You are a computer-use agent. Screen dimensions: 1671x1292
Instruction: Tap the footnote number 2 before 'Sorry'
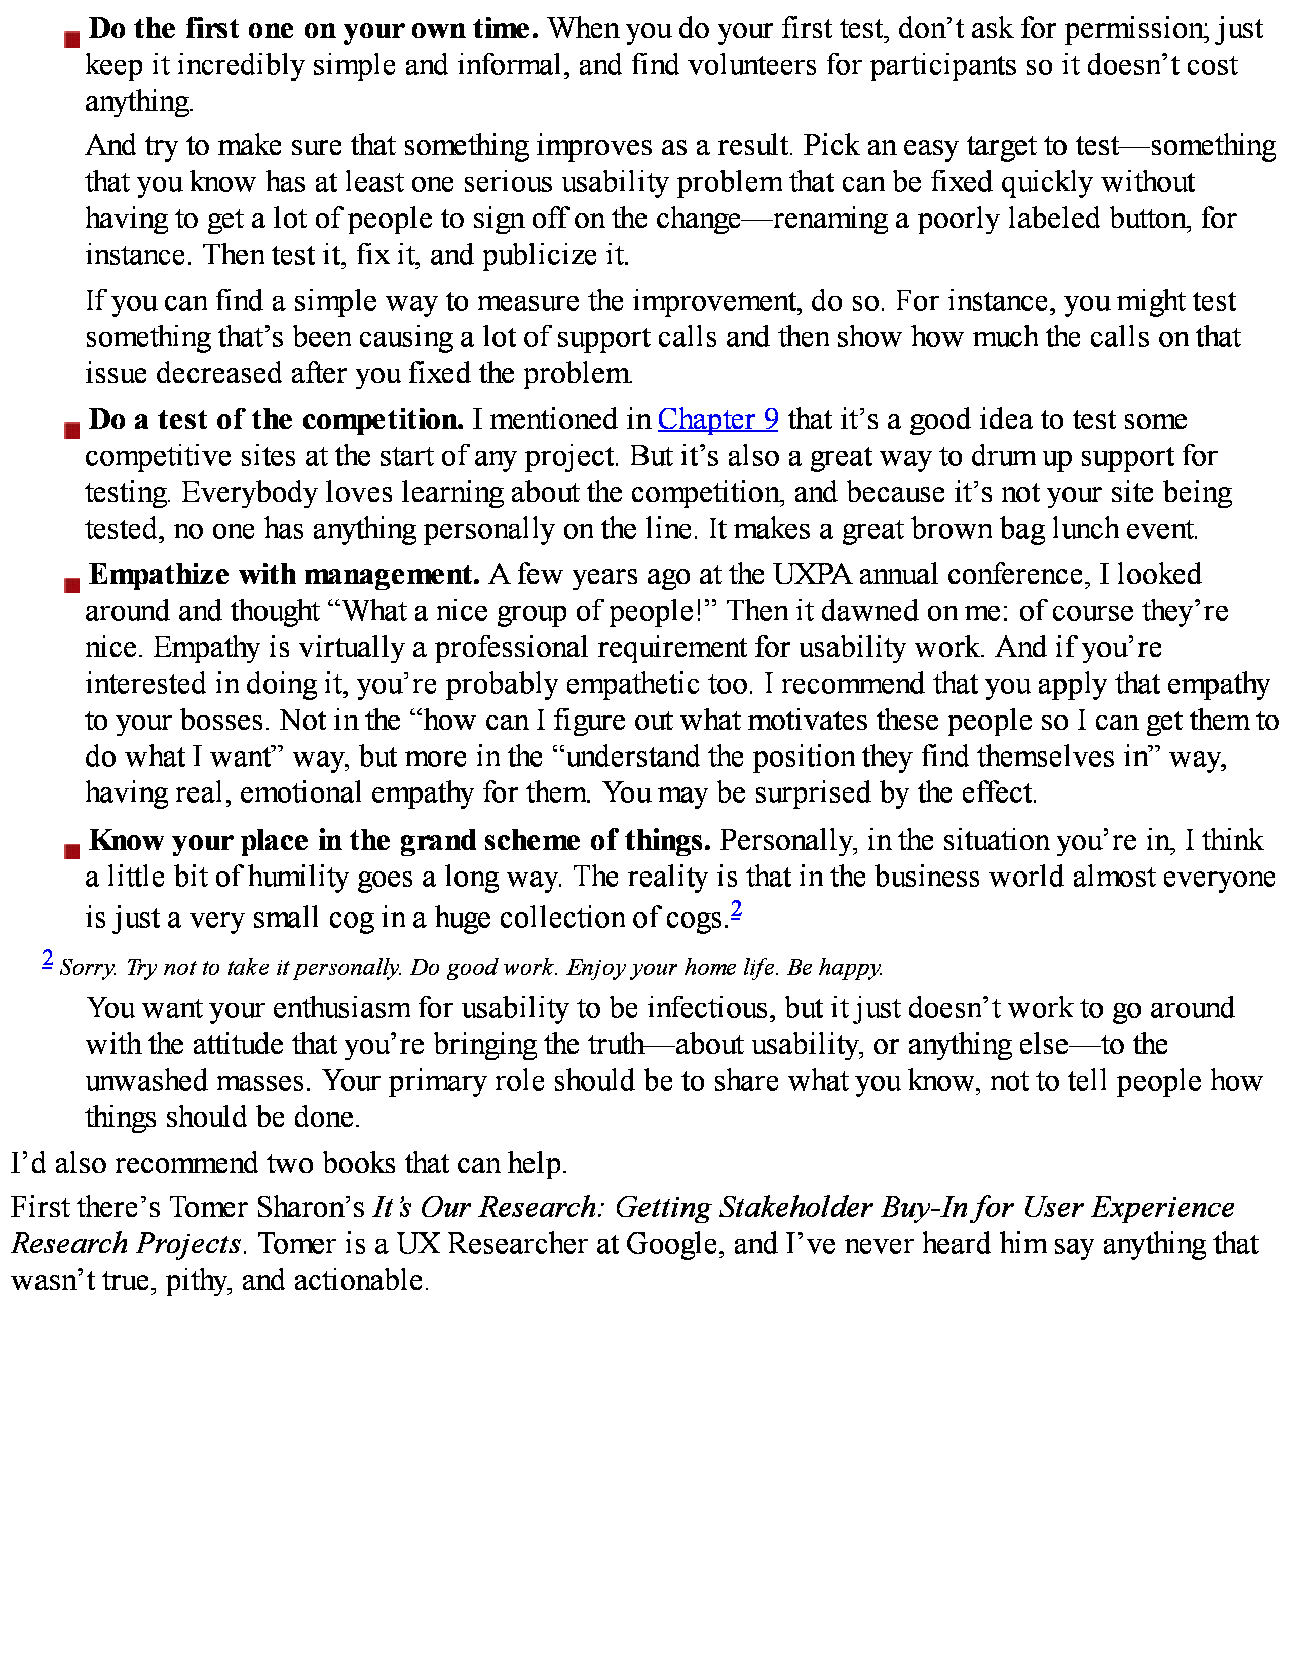point(48,959)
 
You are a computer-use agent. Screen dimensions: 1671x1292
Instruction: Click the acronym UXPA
point(813,575)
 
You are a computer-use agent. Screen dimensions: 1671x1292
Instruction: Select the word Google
point(673,1243)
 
